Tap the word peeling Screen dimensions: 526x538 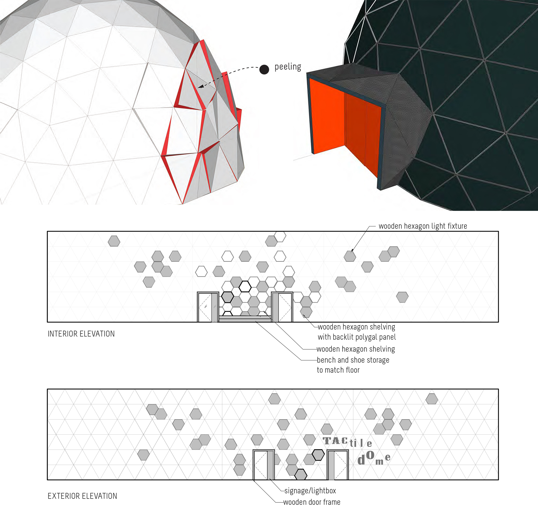(288, 67)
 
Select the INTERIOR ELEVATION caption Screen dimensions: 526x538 (81, 334)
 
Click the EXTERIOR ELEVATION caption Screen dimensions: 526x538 (82, 496)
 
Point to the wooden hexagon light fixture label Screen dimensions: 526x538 (423, 226)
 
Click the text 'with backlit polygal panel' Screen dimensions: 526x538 (357, 337)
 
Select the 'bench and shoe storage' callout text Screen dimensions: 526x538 (353, 360)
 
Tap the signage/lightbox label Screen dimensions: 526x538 (310, 491)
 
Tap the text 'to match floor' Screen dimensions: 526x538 (338, 370)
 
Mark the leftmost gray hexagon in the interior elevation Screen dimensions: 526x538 (114, 241)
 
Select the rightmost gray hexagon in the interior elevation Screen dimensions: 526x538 (402, 297)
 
